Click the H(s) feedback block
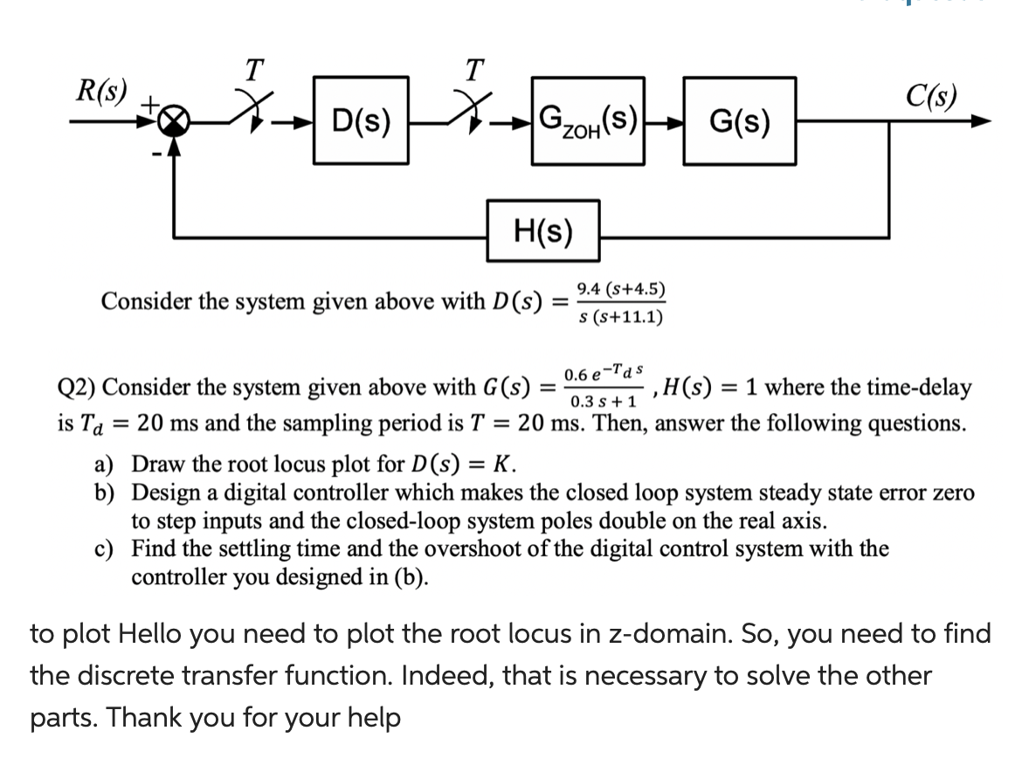click(542, 231)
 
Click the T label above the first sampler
click(252, 66)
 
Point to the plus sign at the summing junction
click(151, 104)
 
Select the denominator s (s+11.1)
click(621, 316)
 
